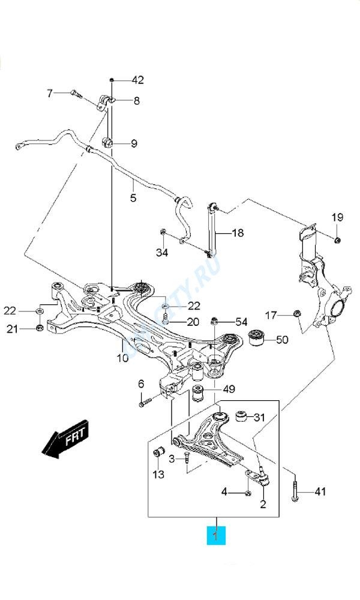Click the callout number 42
click(138, 80)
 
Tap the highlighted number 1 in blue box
click(216, 533)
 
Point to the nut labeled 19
click(337, 240)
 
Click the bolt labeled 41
click(296, 493)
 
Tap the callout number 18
click(238, 232)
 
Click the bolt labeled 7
click(76, 93)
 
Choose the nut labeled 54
click(214, 322)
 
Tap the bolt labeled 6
click(142, 403)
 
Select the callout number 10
click(122, 358)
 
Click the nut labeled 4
click(247, 493)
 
